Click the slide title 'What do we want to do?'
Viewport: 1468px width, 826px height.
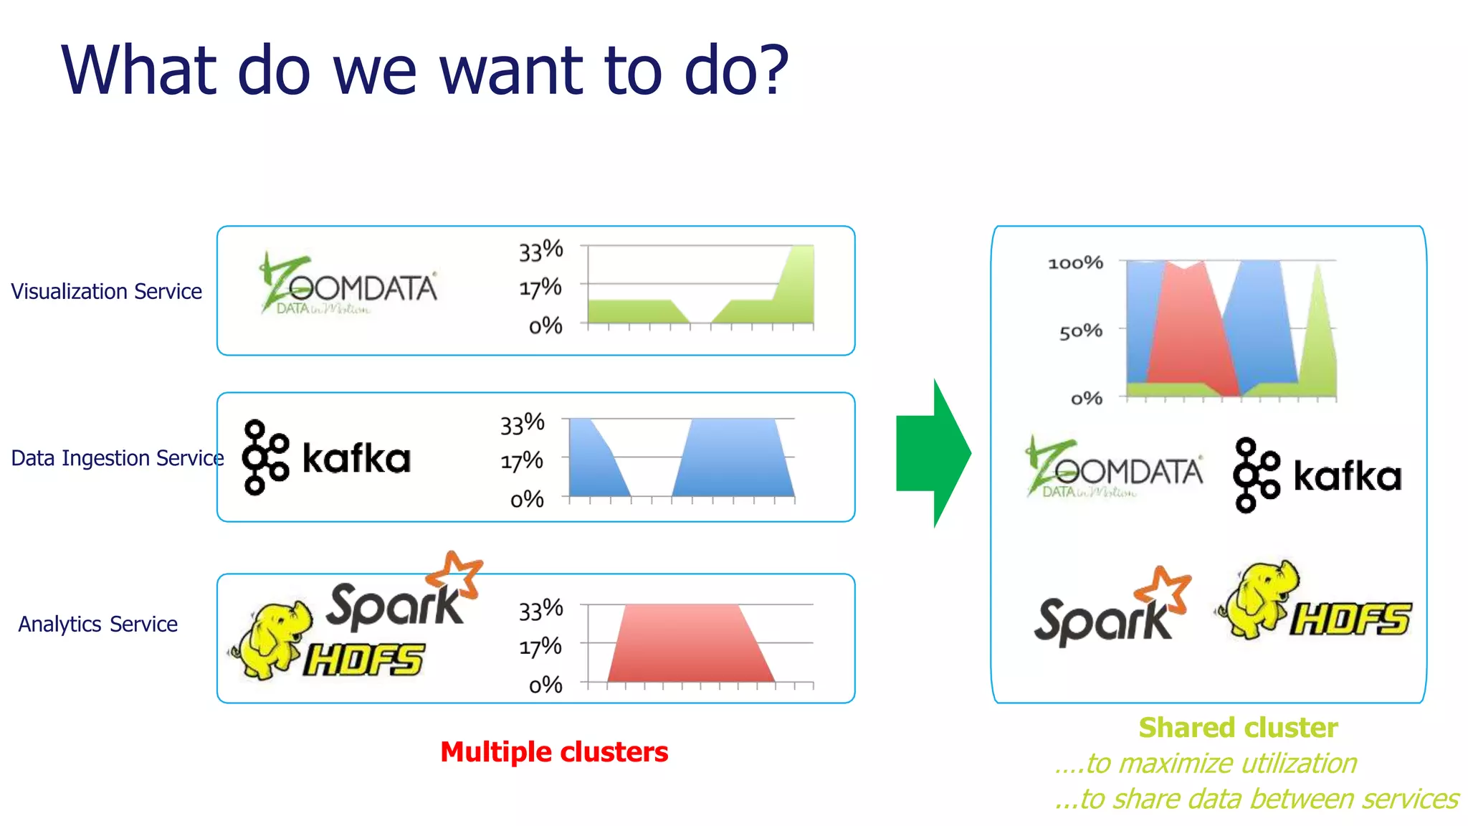click(424, 70)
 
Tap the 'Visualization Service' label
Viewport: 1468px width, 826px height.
click(106, 292)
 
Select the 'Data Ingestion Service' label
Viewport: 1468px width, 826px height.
click(117, 458)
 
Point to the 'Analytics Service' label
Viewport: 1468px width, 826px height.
click(97, 625)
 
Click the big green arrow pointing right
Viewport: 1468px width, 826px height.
click(933, 453)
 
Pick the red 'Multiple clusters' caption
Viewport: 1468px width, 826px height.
click(554, 752)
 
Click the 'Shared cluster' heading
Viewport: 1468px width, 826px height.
click(1238, 728)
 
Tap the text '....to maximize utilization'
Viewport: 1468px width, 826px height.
click(1206, 764)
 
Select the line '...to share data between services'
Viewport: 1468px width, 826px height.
click(1256, 799)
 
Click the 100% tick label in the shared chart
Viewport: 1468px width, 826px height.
click(1075, 263)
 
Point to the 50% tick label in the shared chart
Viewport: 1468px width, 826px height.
click(1080, 331)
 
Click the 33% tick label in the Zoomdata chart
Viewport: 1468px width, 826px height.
click(540, 251)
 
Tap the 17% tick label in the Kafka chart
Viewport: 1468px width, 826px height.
click(522, 461)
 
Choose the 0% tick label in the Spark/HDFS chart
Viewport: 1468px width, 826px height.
click(545, 685)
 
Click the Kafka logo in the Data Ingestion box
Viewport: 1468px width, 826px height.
click(326, 457)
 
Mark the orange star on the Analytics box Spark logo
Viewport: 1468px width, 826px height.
click(455, 574)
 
